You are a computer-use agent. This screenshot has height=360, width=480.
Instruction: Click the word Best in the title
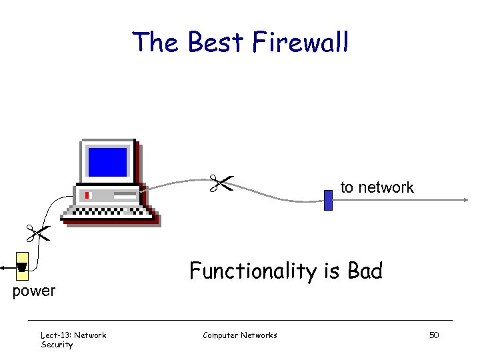[217, 43]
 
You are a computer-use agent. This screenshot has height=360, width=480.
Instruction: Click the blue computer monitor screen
[107, 161]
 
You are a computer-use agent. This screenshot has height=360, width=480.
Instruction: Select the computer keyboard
[109, 213]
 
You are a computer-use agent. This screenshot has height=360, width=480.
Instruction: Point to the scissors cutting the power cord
[38, 233]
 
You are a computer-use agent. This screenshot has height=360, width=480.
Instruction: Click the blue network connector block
[328, 200]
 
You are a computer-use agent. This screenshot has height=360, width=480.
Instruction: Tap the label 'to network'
[377, 188]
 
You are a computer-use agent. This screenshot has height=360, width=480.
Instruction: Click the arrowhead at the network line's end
[465, 199]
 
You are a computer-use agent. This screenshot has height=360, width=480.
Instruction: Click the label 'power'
[34, 291]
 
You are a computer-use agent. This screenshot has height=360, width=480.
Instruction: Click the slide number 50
[433, 335]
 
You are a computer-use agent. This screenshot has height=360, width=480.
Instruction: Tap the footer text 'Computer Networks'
[239, 335]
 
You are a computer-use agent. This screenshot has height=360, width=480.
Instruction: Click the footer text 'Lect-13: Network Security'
[73, 339]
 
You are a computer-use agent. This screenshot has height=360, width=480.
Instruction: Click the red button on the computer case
[87, 195]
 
